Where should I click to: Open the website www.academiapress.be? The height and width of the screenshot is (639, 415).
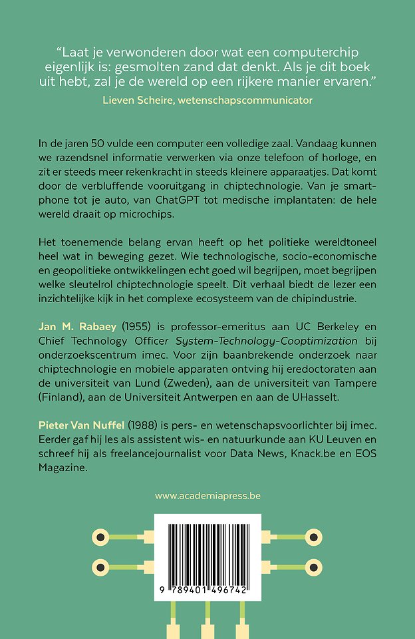207,496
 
